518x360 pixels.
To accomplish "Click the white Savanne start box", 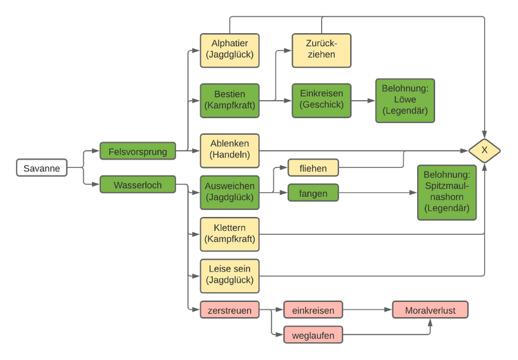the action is (x=41, y=168).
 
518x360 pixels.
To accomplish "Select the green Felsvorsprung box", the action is (x=137, y=151).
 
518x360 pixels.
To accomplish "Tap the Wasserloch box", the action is (x=137, y=184).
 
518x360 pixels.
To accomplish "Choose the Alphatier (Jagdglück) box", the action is (x=229, y=50).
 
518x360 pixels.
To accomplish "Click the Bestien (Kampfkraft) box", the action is (x=229, y=100).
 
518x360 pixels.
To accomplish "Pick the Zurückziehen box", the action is (x=321, y=50).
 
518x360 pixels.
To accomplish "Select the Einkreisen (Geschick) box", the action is (x=321, y=100).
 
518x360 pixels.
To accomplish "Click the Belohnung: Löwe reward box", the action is (x=405, y=100).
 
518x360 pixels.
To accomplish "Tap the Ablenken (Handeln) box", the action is (x=229, y=151).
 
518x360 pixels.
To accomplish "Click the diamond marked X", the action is (x=484, y=151).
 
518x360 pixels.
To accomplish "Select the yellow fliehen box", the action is (x=313, y=168).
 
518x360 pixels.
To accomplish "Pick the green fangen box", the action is (x=313, y=193).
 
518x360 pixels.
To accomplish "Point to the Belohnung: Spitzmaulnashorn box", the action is (x=447, y=192).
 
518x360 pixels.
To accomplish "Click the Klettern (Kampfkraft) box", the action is (x=229, y=234).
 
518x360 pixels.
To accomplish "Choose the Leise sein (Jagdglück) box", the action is (x=229, y=276).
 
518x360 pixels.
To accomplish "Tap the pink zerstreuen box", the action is (x=229, y=310).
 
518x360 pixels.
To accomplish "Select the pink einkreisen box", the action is (x=313, y=310).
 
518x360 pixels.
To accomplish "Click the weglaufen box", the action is (x=313, y=335).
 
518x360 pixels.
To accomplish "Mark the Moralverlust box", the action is (x=430, y=310).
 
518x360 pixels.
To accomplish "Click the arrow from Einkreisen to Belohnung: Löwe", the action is (x=363, y=100).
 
